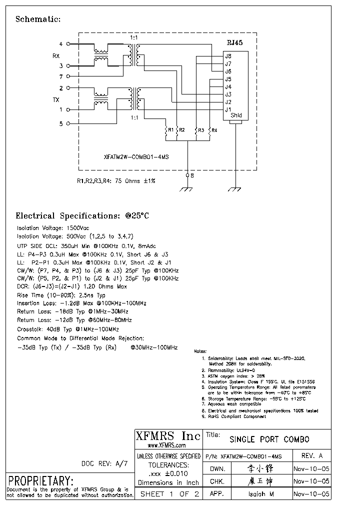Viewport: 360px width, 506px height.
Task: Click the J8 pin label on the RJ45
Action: tap(228, 56)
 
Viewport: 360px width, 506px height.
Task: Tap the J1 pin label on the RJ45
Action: tap(228, 109)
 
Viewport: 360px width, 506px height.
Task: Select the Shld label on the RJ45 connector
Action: tap(236, 115)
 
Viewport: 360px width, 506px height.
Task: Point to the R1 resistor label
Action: tap(171, 130)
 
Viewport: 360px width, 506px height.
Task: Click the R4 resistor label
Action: tap(214, 130)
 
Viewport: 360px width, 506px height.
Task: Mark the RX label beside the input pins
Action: tap(56, 55)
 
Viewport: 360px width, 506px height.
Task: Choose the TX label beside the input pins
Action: tap(56, 99)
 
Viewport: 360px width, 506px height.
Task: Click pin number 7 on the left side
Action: tap(61, 77)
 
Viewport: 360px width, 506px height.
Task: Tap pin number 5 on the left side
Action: tap(61, 123)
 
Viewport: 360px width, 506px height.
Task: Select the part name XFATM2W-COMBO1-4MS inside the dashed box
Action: tap(136, 156)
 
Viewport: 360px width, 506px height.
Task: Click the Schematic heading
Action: tap(38, 19)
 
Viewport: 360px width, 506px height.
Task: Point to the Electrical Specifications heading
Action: tap(82, 216)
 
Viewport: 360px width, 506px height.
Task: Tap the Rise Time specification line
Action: tap(61, 295)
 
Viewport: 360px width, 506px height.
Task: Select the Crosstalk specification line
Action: tap(67, 329)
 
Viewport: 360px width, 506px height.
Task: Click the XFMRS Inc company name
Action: tap(168, 436)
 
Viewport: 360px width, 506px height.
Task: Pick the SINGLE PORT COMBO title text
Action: tap(269, 439)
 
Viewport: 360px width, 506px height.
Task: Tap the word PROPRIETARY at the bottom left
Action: tap(40, 480)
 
